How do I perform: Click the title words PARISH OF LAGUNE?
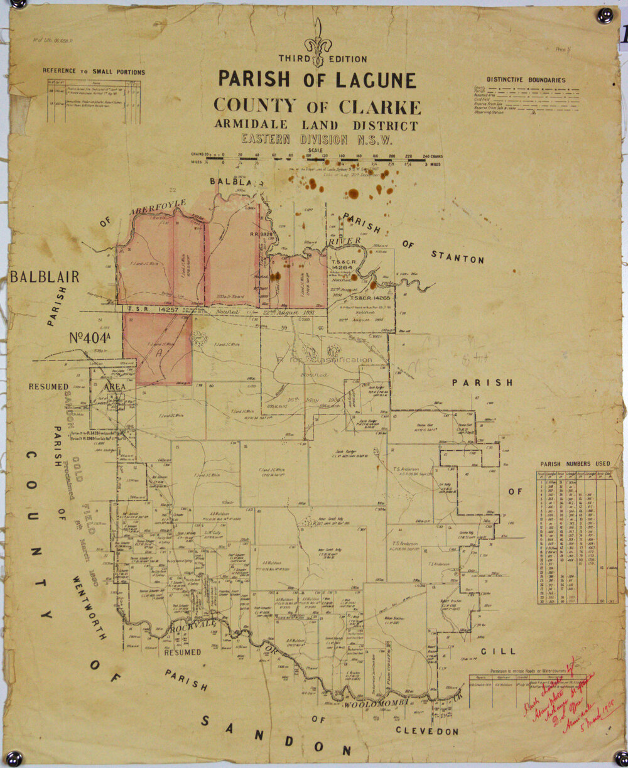[317, 80]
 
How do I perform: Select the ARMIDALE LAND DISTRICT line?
[317, 124]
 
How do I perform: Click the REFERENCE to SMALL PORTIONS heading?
[94, 72]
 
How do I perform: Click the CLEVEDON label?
[427, 731]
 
